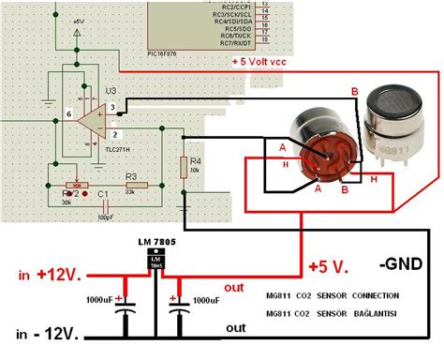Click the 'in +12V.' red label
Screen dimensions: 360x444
52,276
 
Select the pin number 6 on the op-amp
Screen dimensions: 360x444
68,114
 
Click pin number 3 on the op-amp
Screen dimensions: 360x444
112,109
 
